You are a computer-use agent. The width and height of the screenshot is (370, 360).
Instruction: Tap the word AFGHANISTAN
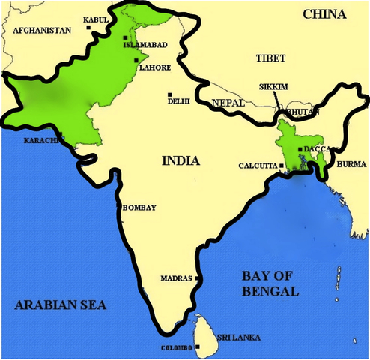[x=42, y=31]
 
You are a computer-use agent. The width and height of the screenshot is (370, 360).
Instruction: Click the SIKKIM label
[x=273, y=87]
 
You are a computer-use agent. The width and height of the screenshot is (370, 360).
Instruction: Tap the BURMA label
[x=351, y=163]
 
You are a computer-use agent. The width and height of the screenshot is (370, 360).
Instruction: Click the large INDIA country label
[x=180, y=160]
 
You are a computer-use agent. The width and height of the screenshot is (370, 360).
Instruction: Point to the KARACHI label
[x=39, y=140]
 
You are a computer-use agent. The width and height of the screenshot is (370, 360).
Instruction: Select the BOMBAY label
[x=139, y=208]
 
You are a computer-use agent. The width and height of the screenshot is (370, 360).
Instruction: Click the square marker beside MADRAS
[x=197, y=278]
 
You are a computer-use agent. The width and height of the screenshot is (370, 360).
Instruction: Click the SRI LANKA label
[x=239, y=337]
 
